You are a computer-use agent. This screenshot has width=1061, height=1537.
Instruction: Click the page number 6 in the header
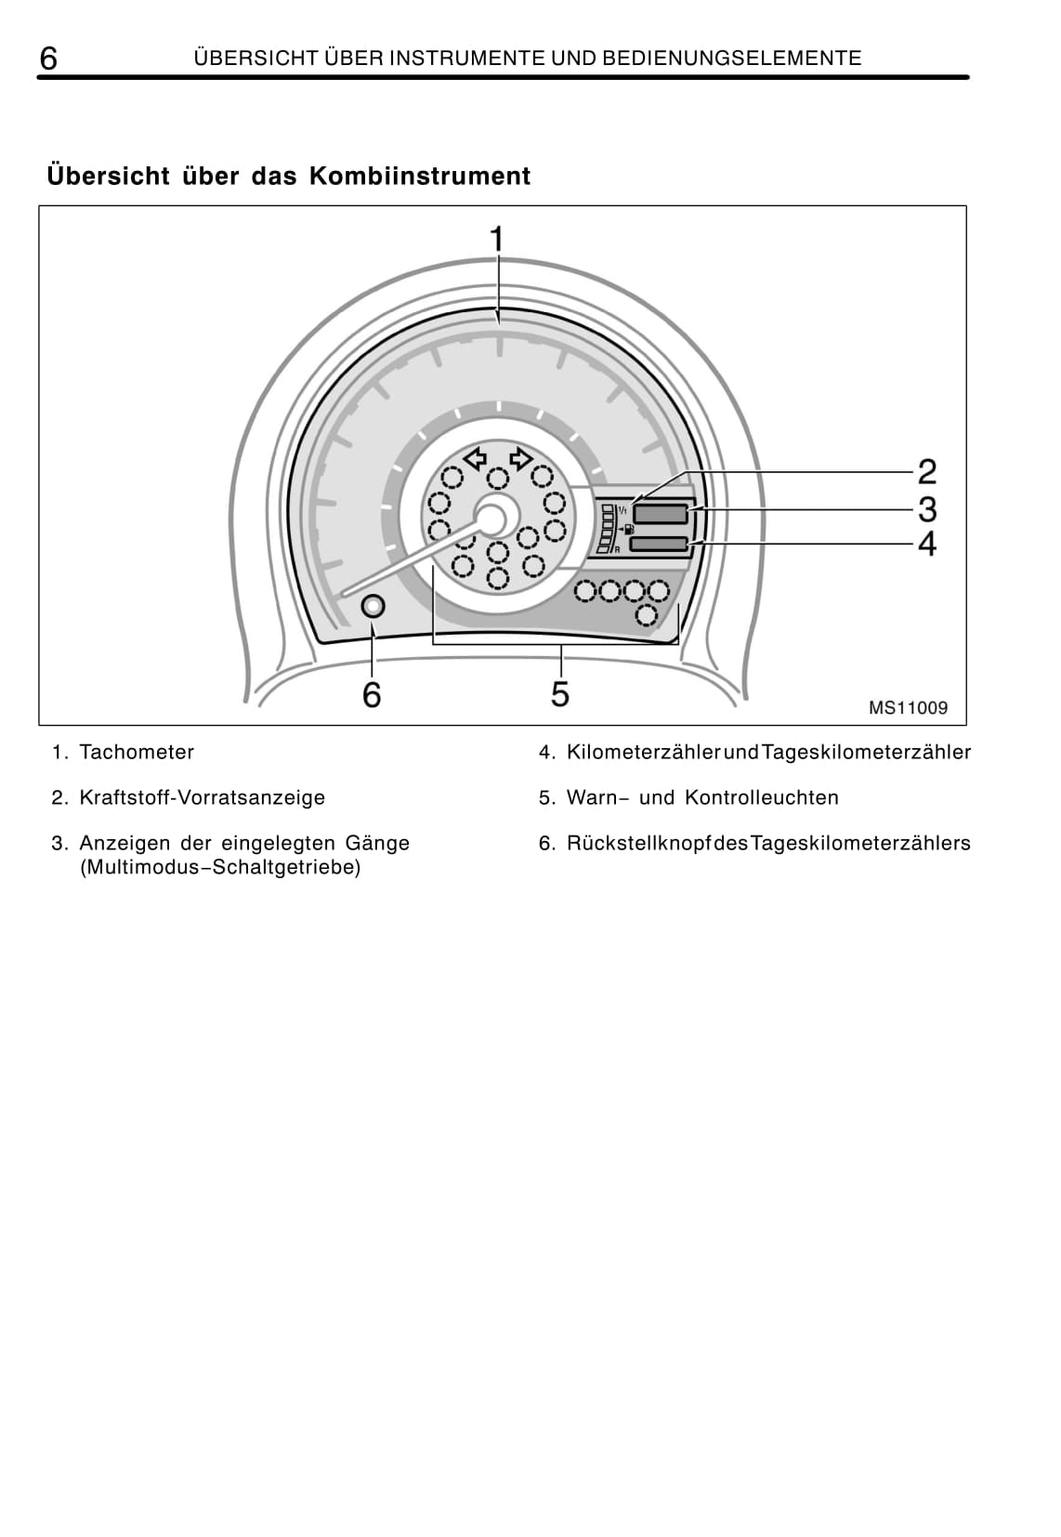pyautogui.click(x=48, y=59)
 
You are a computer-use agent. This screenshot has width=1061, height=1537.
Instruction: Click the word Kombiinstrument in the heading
pyautogui.click(x=419, y=176)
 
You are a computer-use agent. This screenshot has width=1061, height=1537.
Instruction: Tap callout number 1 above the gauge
pyautogui.click(x=497, y=239)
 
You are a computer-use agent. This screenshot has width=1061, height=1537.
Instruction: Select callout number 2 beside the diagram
pyautogui.click(x=926, y=472)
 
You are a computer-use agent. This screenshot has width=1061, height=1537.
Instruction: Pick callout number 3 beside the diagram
pyautogui.click(x=926, y=509)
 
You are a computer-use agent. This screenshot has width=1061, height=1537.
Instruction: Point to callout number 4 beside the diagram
pyautogui.click(x=926, y=544)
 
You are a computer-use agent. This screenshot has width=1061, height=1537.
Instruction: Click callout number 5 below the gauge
pyautogui.click(x=559, y=693)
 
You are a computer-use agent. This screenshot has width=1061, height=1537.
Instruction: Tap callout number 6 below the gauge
pyautogui.click(x=372, y=694)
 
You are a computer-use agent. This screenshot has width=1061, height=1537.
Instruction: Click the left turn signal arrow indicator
pyautogui.click(x=476, y=457)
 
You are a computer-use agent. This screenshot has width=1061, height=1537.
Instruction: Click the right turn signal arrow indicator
pyautogui.click(x=520, y=457)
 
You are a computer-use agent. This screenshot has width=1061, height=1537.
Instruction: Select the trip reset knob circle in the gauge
pyautogui.click(x=373, y=606)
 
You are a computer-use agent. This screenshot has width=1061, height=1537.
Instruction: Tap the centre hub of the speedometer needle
pyautogui.click(x=494, y=518)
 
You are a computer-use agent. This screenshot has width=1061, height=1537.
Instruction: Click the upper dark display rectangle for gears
pyautogui.click(x=661, y=513)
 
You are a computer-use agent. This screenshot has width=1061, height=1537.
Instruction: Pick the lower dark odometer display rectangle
pyautogui.click(x=659, y=544)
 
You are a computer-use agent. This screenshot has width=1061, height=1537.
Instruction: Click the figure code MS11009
pyautogui.click(x=908, y=708)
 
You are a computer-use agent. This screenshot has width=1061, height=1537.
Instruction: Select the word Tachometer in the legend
pyautogui.click(x=137, y=752)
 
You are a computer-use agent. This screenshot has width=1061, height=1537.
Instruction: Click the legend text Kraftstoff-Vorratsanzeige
pyautogui.click(x=202, y=797)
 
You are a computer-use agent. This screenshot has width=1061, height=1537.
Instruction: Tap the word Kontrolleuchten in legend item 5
pyautogui.click(x=761, y=797)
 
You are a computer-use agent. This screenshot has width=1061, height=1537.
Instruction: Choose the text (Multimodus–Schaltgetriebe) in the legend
pyautogui.click(x=220, y=867)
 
